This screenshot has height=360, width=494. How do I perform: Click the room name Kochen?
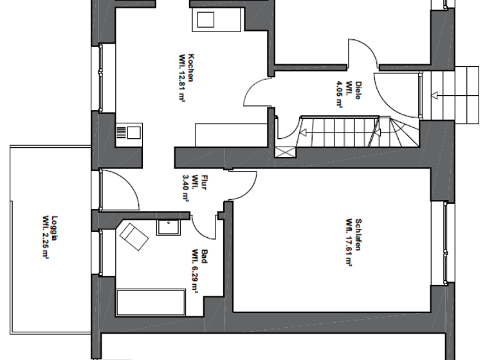(191, 67)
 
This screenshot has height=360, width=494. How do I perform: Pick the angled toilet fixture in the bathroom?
(134, 235)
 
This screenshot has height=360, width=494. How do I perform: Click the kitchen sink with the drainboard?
(128, 133)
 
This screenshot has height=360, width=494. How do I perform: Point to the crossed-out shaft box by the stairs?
(285, 152)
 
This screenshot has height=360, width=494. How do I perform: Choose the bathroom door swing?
(205, 225)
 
